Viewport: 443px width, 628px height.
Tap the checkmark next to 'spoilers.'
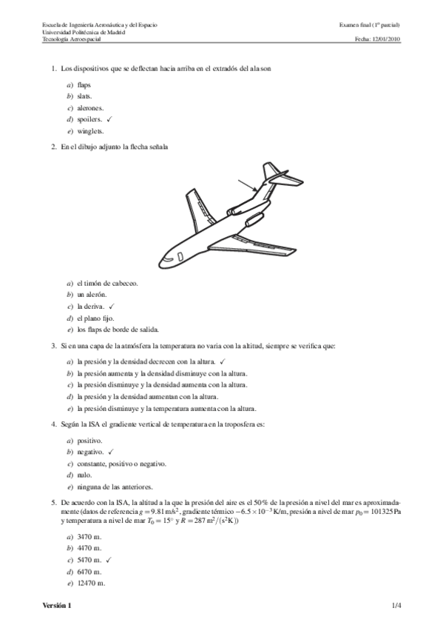click(109, 118)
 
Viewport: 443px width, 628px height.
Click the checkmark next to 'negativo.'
click(109, 451)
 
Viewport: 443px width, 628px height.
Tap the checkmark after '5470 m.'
click(108, 560)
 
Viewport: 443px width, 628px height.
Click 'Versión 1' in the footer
click(58, 607)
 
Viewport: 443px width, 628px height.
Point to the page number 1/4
click(396, 607)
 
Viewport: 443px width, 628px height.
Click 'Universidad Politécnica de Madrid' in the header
click(84, 33)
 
